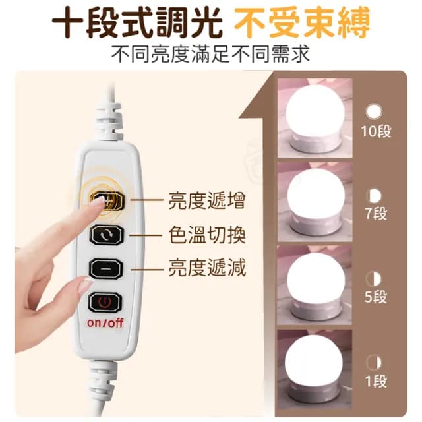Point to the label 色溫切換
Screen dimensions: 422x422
click(208, 235)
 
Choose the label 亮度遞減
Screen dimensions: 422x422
click(208, 268)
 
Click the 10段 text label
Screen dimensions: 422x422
click(376, 131)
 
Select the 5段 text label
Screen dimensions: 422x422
click(375, 296)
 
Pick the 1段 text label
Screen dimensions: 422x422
click(375, 380)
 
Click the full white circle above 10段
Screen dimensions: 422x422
click(375, 110)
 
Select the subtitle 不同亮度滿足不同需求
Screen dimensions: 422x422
click(211, 53)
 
